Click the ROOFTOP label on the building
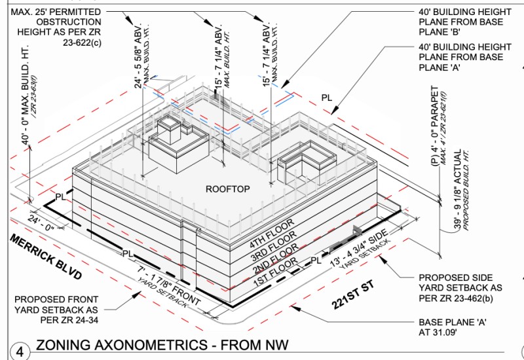pos(228,189)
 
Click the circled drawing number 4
pos(20,351)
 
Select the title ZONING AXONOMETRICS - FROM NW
pos(162,346)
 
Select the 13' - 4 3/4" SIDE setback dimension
pos(361,249)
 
